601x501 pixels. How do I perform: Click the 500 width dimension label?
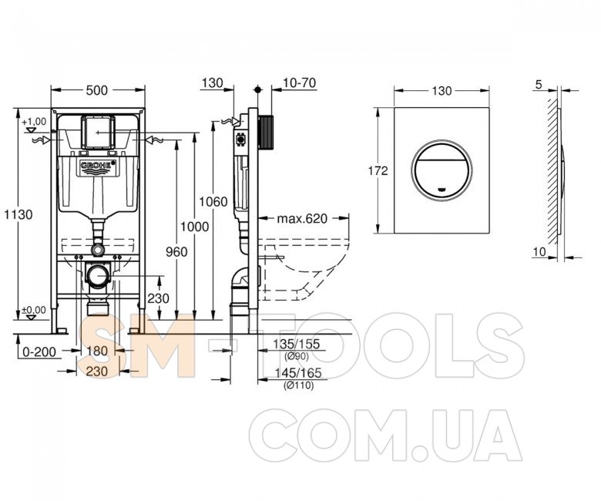pyautogui.click(x=97, y=90)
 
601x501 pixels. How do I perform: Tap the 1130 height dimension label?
pyautogui.click(x=18, y=214)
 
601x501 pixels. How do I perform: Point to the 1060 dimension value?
pyautogui.click(x=213, y=202)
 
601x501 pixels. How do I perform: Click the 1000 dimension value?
pyautogui.click(x=195, y=227)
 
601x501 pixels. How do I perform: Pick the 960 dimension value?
pyautogui.click(x=176, y=252)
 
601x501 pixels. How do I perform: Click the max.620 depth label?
pyautogui.click(x=302, y=219)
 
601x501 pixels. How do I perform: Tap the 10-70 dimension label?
pyautogui.click(x=300, y=82)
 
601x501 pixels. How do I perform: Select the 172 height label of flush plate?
pyautogui.click(x=378, y=170)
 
